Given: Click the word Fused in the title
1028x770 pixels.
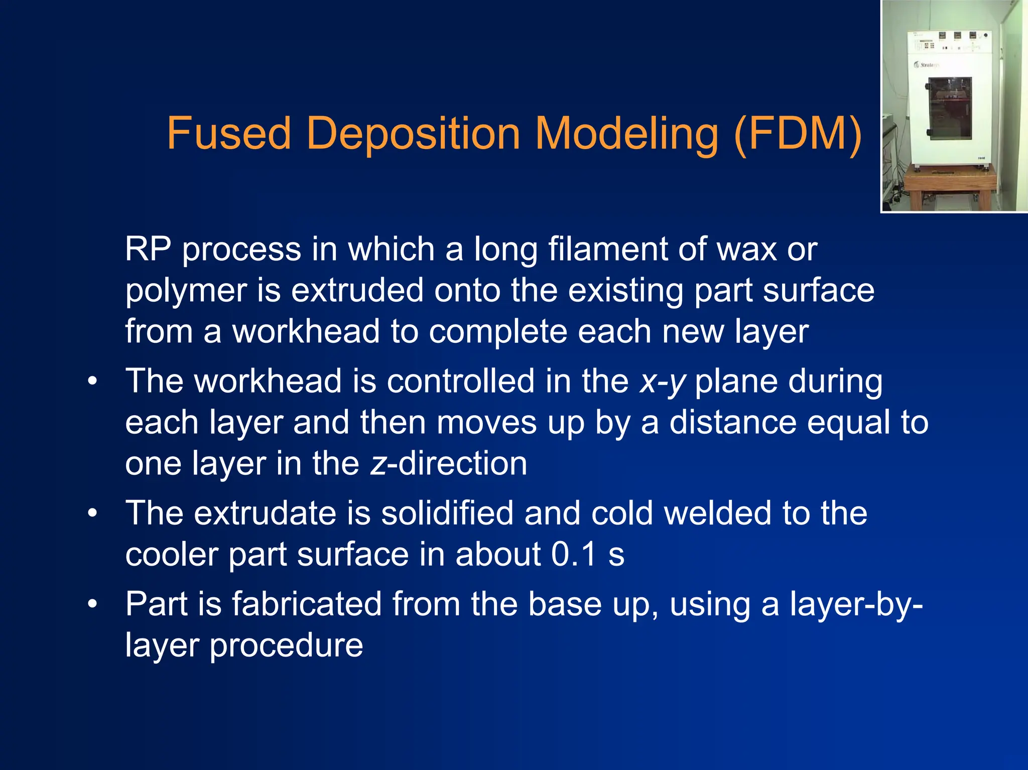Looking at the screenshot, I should (x=228, y=134).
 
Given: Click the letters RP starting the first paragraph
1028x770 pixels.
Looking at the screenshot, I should (x=148, y=249).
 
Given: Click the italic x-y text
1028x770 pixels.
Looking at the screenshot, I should (x=662, y=381).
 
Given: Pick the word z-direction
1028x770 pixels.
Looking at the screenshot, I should (x=449, y=463).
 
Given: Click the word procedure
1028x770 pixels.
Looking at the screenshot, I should (x=286, y=646).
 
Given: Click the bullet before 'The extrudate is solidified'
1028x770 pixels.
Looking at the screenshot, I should (x=92, y=514).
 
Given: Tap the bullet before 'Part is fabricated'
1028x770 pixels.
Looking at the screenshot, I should (x=92, y=604).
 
